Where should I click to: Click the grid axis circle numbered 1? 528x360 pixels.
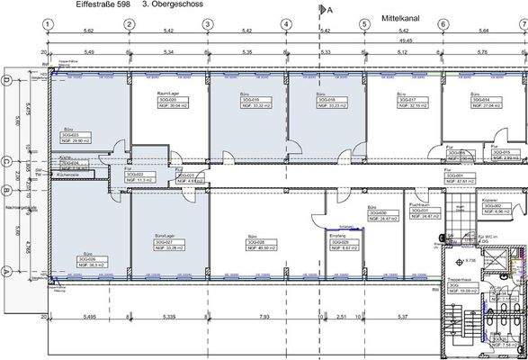pos(50,24)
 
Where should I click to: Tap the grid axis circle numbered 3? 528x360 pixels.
pos(208,24)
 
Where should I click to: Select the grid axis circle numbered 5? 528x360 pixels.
pos(364,24)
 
